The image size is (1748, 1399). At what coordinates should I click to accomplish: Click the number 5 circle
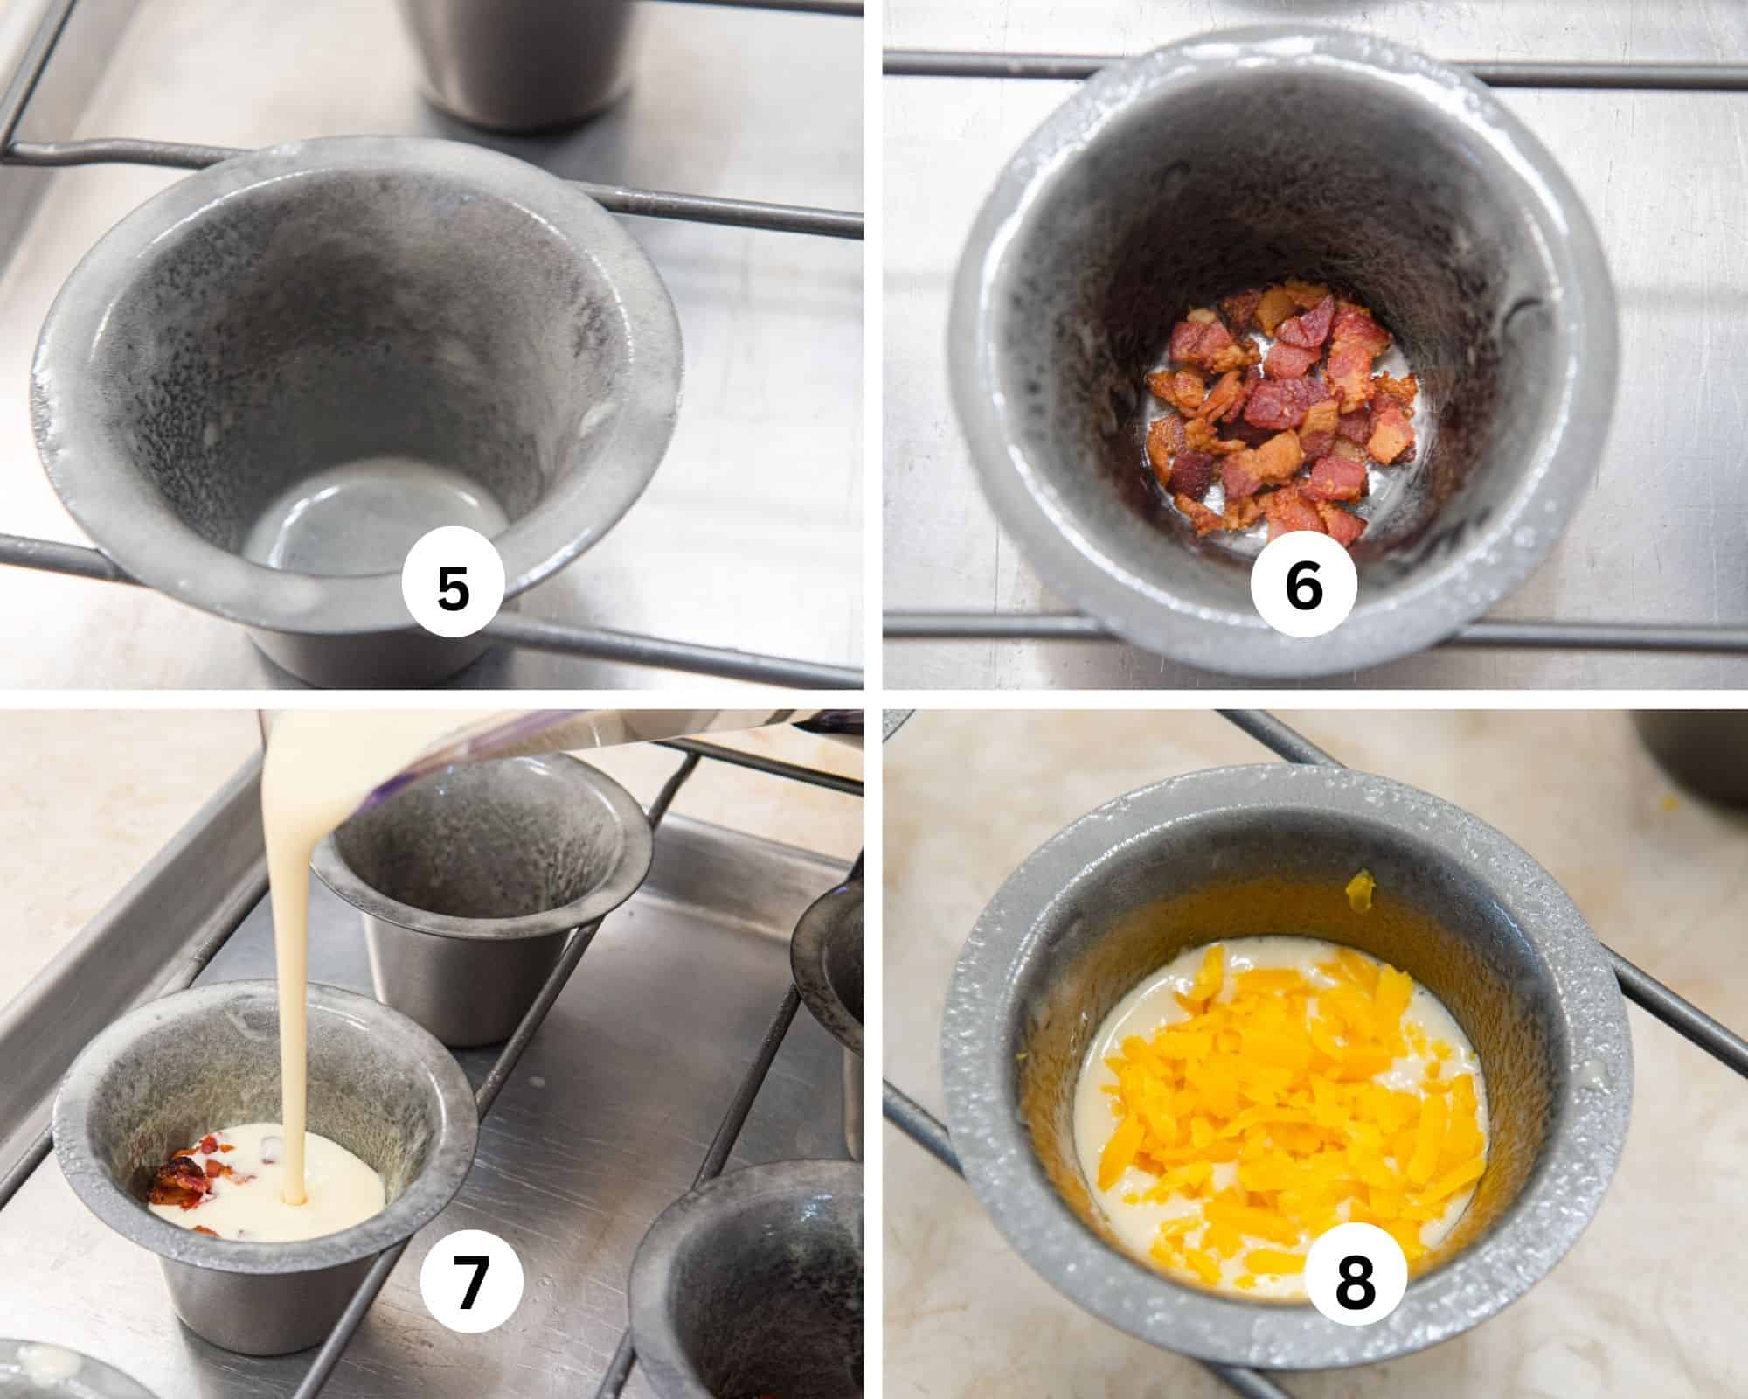click(x=453, y=588)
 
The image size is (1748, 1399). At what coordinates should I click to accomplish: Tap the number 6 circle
click(x=1303, y=588)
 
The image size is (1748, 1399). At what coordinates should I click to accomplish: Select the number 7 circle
click(x=471, y=1284)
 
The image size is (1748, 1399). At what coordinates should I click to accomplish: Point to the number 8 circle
click(x=1355, y=1284)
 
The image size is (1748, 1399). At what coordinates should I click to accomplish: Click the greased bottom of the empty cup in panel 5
click(x=367, y=516)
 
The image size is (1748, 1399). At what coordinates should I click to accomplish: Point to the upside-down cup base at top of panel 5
click(x=524, y=61)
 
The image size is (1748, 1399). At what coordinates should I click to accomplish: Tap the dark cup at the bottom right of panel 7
click(x=752, y=1294)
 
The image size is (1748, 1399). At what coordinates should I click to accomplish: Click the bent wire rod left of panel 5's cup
click(x=52, y=149)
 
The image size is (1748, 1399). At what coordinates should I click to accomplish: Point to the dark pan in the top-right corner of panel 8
click(x=1691, y=761)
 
